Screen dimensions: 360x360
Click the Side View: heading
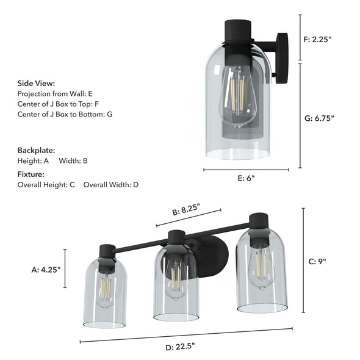click(x=36, y=84)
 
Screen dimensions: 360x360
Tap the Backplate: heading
click(x=36, y=150)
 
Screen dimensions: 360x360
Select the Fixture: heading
click(x=32, y=174)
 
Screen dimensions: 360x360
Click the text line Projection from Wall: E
click(x=55, y=94)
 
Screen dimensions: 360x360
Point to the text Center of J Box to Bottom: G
click(x=65, y=114)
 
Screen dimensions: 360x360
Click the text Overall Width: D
click(x=111, y=184)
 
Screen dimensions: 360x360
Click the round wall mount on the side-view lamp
click(x=282, y=57)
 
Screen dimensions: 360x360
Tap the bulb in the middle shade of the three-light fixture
click(x=176, y=281)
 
